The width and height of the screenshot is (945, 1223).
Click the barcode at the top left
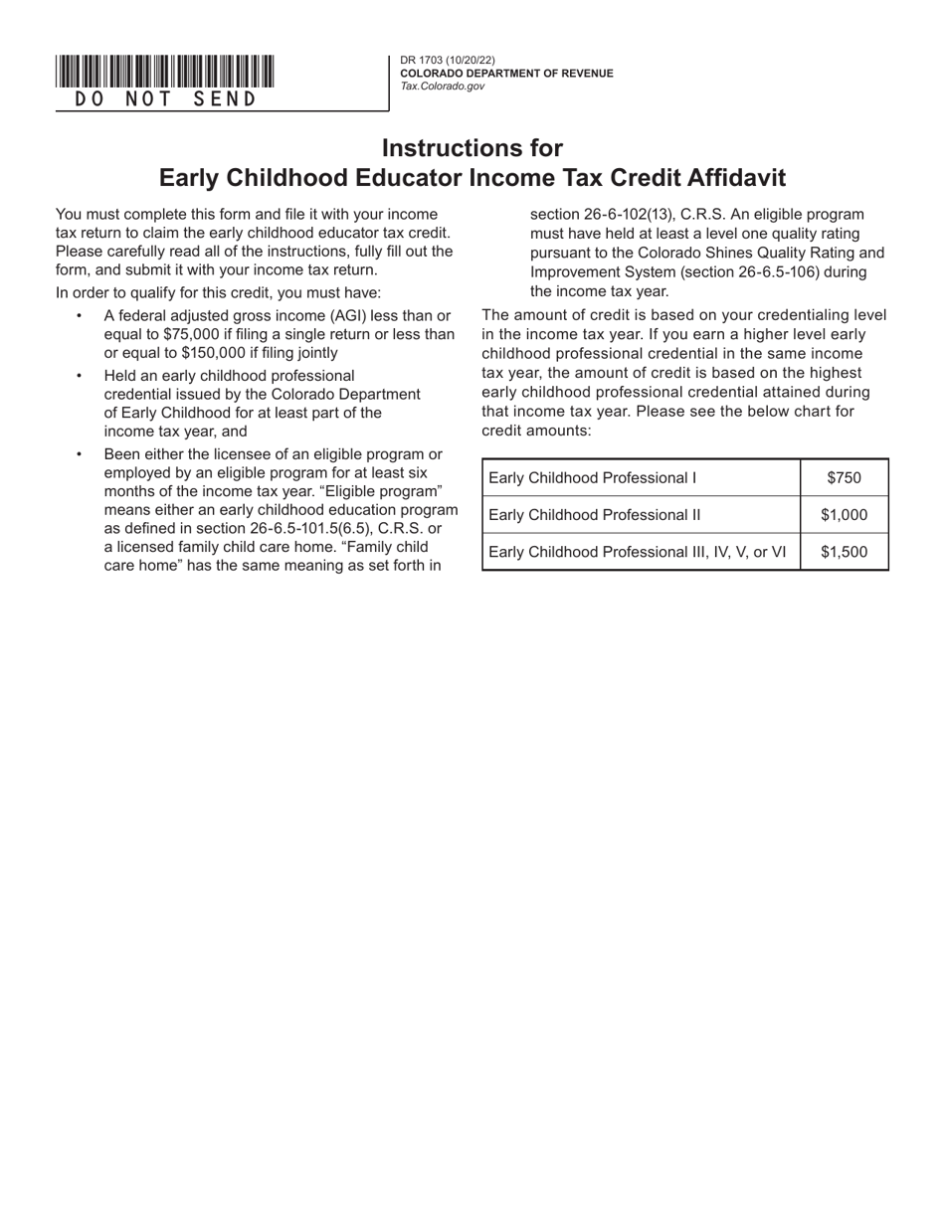[x=165, y=73]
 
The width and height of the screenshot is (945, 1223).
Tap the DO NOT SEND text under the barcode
[x=165, y=99]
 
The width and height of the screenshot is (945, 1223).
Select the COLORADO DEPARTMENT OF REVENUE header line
[x=506, y=74]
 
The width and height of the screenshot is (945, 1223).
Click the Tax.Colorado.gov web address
[x=443, y=87]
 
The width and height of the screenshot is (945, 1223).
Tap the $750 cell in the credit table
[x=844, y=478]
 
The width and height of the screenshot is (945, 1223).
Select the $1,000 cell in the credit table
[x=844, y=515]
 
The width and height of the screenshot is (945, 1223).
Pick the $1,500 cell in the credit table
[x=844, y=552]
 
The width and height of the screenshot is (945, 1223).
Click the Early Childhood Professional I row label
[x=593, y=478]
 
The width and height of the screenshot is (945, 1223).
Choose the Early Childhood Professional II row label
[x=595, y=515]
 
